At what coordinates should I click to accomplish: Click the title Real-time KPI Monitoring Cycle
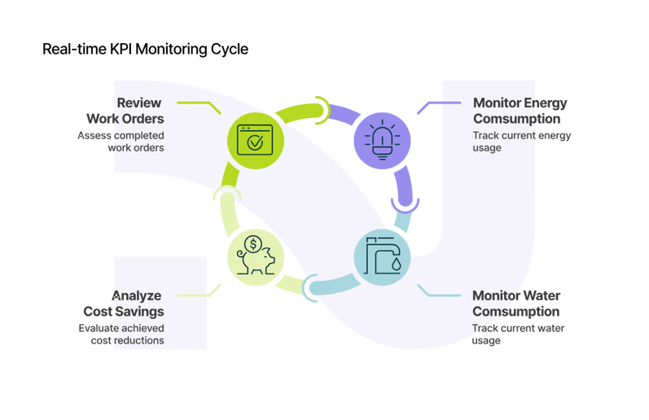pos(145,50)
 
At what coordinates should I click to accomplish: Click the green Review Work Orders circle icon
pos(254,140)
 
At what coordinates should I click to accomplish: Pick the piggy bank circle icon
pos(254,256)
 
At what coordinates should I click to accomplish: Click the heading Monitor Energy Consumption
pos(520,111)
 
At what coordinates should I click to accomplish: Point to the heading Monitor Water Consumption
pos(516,303)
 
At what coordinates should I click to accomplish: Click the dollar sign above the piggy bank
pos(255,243)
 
